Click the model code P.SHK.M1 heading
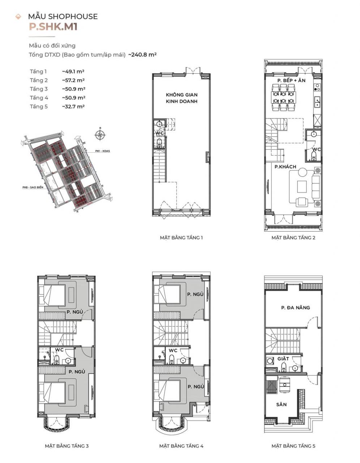(x=53, y=27)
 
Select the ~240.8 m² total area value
(x=142, y=55)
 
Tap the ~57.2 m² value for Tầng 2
(x=73, y=80)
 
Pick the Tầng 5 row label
(x=39, y=106)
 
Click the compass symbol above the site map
(x=100, y=135)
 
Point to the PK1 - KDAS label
(x=102, y=151)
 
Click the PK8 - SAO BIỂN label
(x=33, y=187)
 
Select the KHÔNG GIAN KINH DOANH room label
(x=181, y=98)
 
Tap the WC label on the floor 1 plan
(x=159, y=133)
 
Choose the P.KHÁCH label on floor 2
(x=285, y=167)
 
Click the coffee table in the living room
(x=302, y=187)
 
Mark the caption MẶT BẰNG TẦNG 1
(x=181, y=238)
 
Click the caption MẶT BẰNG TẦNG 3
(x=67, y=446)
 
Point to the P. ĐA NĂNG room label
(x=295, y=307)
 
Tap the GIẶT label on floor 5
(x=283, y=359)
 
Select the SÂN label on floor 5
(x=281, y=404)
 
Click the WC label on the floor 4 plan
(x=173, y=350)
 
